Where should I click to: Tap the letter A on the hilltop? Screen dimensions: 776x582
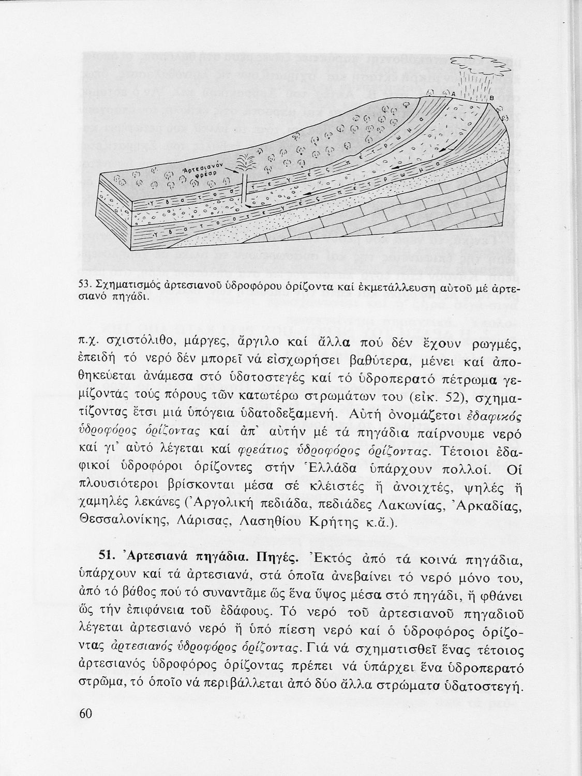(x=453, y=94)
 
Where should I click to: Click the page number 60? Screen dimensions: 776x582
(x=86, y=713)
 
